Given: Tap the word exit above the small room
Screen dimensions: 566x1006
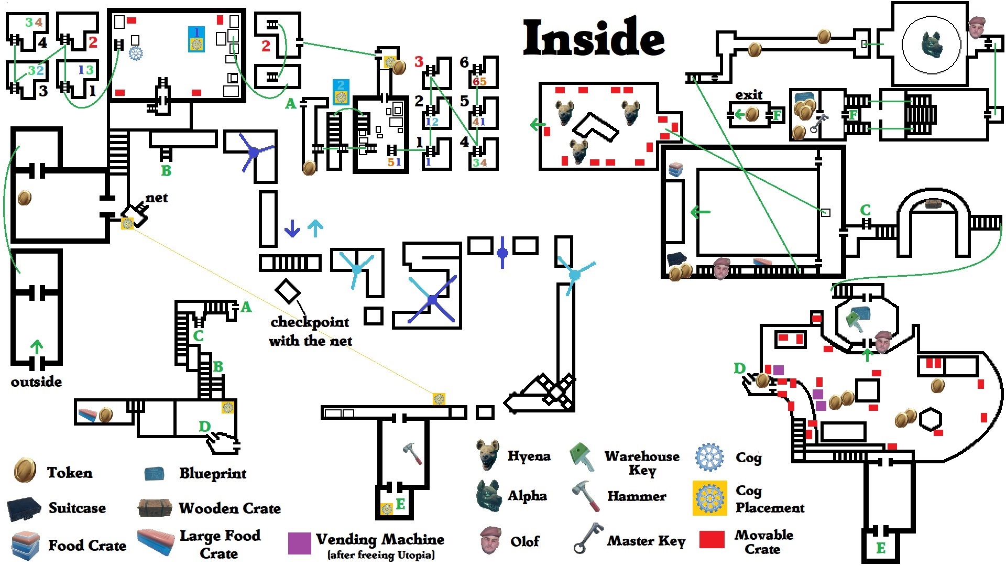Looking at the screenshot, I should (x=749, y=95).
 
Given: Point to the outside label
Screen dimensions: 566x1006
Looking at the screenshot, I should (x=36, y=382).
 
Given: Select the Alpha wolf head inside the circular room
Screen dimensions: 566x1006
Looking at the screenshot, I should (x=932, y=45).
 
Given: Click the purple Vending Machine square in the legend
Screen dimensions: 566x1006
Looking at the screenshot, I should (x=299, y=543).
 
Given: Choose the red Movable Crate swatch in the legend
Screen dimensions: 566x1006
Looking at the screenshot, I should (x=712, y=539).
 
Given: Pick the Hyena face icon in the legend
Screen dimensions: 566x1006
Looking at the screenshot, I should (x=487, y=454).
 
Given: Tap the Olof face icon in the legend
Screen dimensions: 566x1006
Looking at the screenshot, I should (x=491, y=540).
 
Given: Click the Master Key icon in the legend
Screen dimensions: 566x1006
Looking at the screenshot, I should (x=588, y=538).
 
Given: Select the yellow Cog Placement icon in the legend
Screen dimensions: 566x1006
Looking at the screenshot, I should (x=709, y=498).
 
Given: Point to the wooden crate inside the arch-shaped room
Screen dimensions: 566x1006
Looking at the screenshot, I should (x=933, y=203).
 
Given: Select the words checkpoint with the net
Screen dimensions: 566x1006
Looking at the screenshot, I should (x=310, y=331).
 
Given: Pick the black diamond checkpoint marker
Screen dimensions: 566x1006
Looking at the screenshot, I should (x=288, y=291).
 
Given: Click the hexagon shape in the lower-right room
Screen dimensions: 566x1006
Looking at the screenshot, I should (x=931, y=419).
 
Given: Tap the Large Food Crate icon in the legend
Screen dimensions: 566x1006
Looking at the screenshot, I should (x=156, y=542).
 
